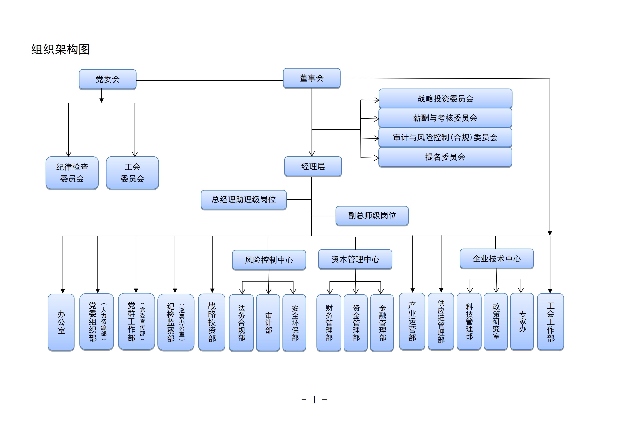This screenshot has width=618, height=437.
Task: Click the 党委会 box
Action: coord(108,79)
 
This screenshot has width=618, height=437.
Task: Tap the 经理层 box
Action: coord(313,167)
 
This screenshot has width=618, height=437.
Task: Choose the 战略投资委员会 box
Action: coord(445,99)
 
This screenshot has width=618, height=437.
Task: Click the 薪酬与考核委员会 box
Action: coord(445,118)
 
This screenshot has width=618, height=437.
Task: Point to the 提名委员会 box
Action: coord(445,157)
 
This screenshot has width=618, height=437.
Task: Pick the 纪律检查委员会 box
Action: coord(72,173)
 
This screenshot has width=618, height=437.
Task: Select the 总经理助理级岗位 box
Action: coord(244,200)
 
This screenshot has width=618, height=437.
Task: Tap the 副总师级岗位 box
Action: coord(372,215)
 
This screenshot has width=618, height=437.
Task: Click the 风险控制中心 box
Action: coord(269,260)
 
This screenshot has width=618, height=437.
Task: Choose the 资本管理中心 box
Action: coord(355,259)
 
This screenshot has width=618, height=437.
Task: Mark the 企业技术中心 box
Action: coord(497,259)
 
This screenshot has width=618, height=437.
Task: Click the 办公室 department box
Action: coord(61,322)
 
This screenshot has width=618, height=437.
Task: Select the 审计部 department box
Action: coord(268,323)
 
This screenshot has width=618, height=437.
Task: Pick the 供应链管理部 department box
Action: coord(441,322)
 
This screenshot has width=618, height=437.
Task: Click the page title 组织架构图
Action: coord(61,50)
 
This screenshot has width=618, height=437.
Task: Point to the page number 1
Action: coord(314,400)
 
